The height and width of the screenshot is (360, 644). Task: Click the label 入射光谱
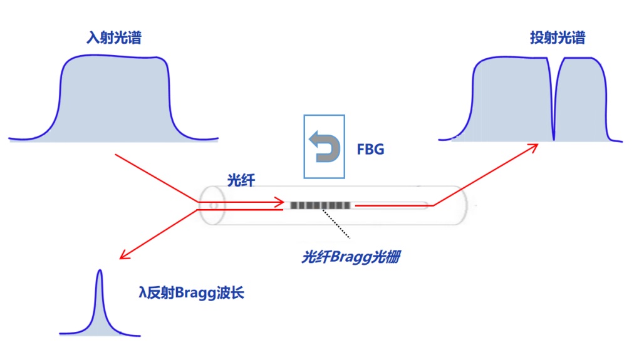(113, 38)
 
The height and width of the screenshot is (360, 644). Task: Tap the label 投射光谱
(557, 38)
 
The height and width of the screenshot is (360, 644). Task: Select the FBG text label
(370, 150)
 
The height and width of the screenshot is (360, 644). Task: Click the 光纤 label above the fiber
(241, 179)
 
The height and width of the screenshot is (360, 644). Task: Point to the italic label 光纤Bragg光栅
(350, 257)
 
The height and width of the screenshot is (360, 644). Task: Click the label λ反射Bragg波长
(190, 292)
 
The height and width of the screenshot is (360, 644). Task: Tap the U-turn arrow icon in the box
(325, 146)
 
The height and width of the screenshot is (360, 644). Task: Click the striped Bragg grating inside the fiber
(319, 205)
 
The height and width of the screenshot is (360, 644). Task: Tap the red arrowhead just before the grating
(280, 202)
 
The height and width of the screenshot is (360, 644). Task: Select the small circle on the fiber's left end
(214, 204)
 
